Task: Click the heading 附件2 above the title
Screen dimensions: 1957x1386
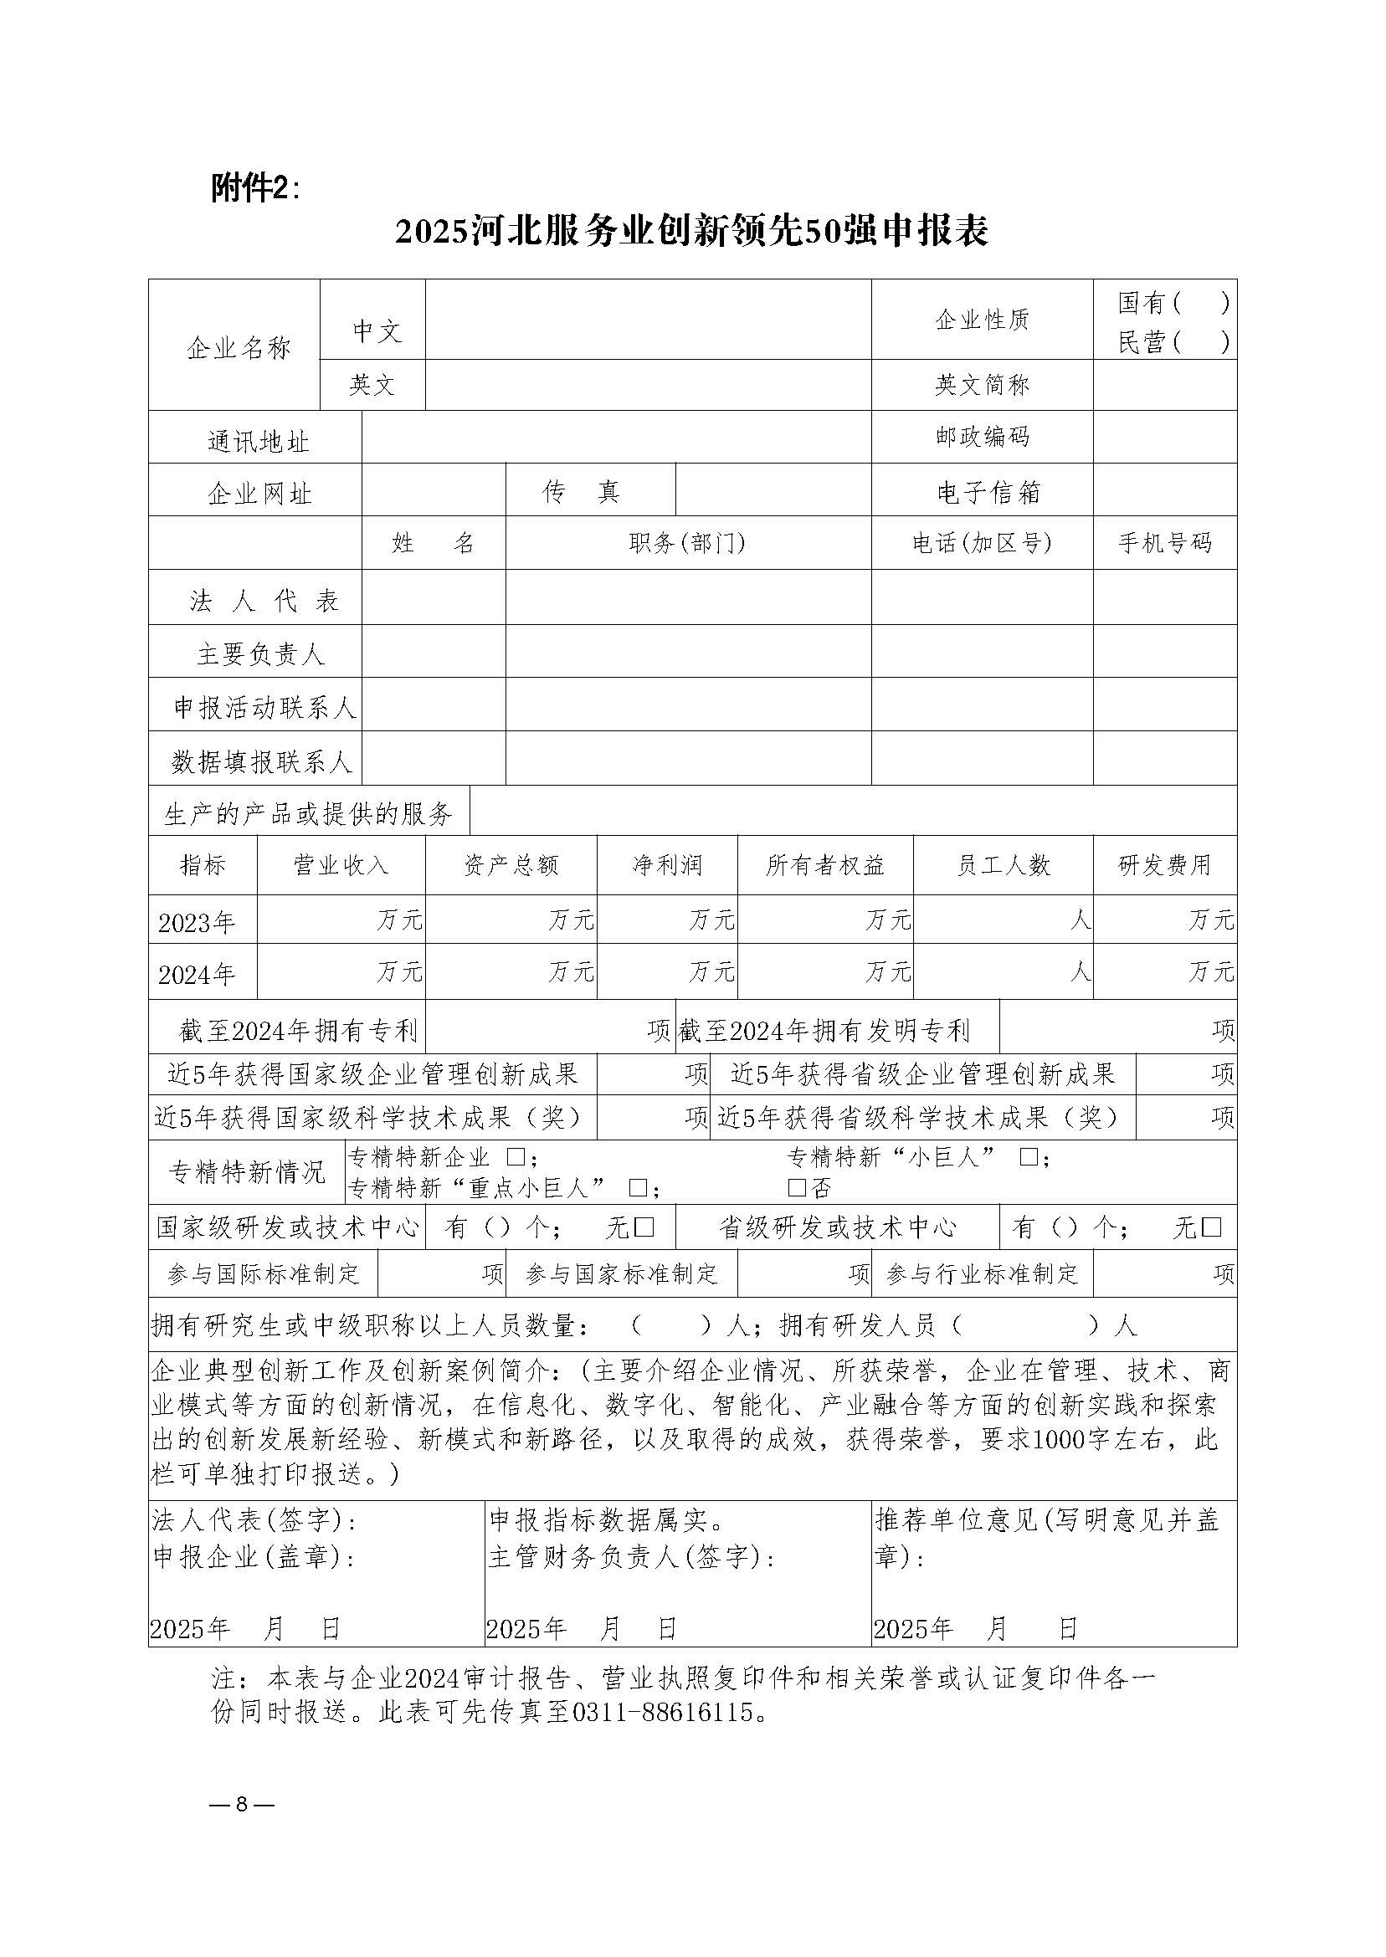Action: (254, 188)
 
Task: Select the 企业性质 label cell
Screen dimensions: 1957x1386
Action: (982, 320)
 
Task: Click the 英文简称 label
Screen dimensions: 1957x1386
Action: (982, 386)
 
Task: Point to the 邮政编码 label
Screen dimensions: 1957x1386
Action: (982, 438)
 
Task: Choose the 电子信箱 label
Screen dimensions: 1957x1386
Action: (988, 492)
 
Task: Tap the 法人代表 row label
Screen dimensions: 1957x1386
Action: (264, 601)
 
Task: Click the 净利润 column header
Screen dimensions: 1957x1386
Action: (666, 865)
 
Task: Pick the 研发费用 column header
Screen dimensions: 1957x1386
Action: (1164, 865)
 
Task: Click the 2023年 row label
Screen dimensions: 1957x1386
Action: (198, 922)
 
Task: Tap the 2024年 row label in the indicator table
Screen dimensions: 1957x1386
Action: (198, 974)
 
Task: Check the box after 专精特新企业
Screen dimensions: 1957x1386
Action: (515, 1158)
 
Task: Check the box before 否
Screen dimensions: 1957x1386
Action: (796, 1187)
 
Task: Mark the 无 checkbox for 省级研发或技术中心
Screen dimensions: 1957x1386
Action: (1211, 1227)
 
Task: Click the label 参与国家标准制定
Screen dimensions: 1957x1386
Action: (621, 1274)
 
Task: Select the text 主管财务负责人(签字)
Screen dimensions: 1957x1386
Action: (632, 1558)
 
